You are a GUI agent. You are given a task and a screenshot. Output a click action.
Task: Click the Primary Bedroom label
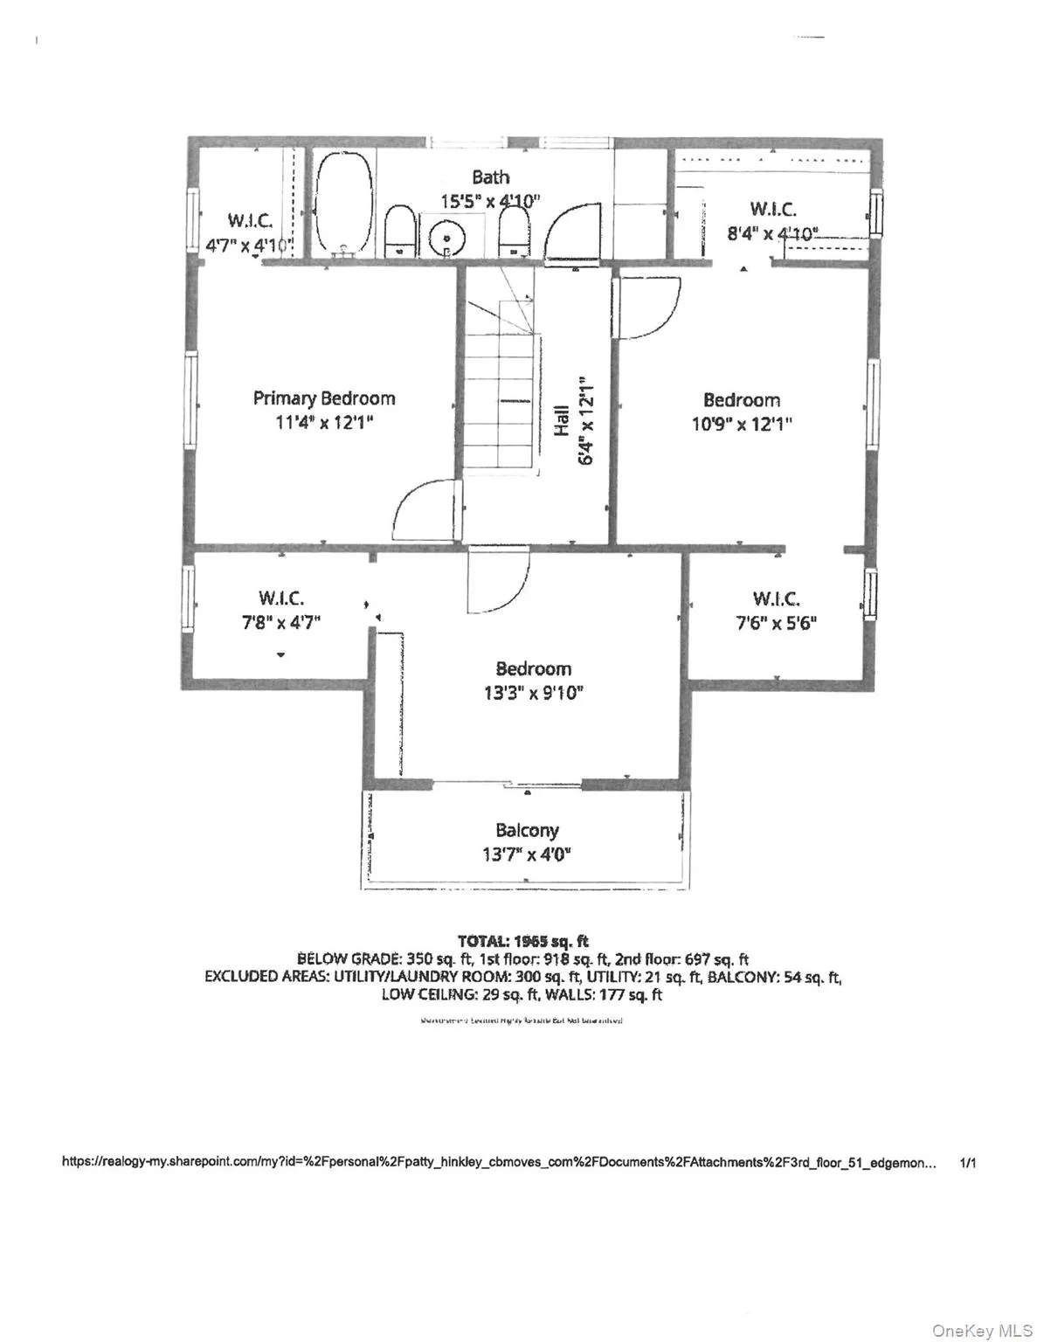pos(323,398)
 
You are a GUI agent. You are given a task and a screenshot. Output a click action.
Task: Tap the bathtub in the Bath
pos(342,205)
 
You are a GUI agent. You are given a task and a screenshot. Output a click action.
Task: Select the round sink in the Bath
pos(447,236)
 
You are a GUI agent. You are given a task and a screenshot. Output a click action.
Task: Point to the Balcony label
pos(526,830)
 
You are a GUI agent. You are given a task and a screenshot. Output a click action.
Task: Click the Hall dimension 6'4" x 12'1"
pos(586,421)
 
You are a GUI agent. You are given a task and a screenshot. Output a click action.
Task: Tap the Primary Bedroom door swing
pos(424,511)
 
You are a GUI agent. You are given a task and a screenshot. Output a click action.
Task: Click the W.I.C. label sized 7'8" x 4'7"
pos(280,598)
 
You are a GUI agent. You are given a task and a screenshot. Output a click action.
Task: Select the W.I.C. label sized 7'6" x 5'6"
pos(776,598)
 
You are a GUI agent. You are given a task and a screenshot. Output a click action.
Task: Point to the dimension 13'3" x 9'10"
pos(533,693)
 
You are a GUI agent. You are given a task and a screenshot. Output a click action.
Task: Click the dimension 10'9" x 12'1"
pos(741,425)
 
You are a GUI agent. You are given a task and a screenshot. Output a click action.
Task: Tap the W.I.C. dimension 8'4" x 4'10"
pos(772,233)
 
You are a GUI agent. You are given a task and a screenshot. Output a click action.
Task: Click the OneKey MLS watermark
pos(981,1330)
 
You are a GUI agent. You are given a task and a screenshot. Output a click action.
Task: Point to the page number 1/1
pos(967,1163)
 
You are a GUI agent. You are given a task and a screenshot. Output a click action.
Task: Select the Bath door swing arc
pos(573,232)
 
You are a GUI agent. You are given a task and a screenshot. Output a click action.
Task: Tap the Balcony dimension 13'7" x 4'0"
pos(526,854)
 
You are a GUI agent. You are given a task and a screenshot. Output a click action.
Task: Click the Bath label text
pos(490,177)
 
